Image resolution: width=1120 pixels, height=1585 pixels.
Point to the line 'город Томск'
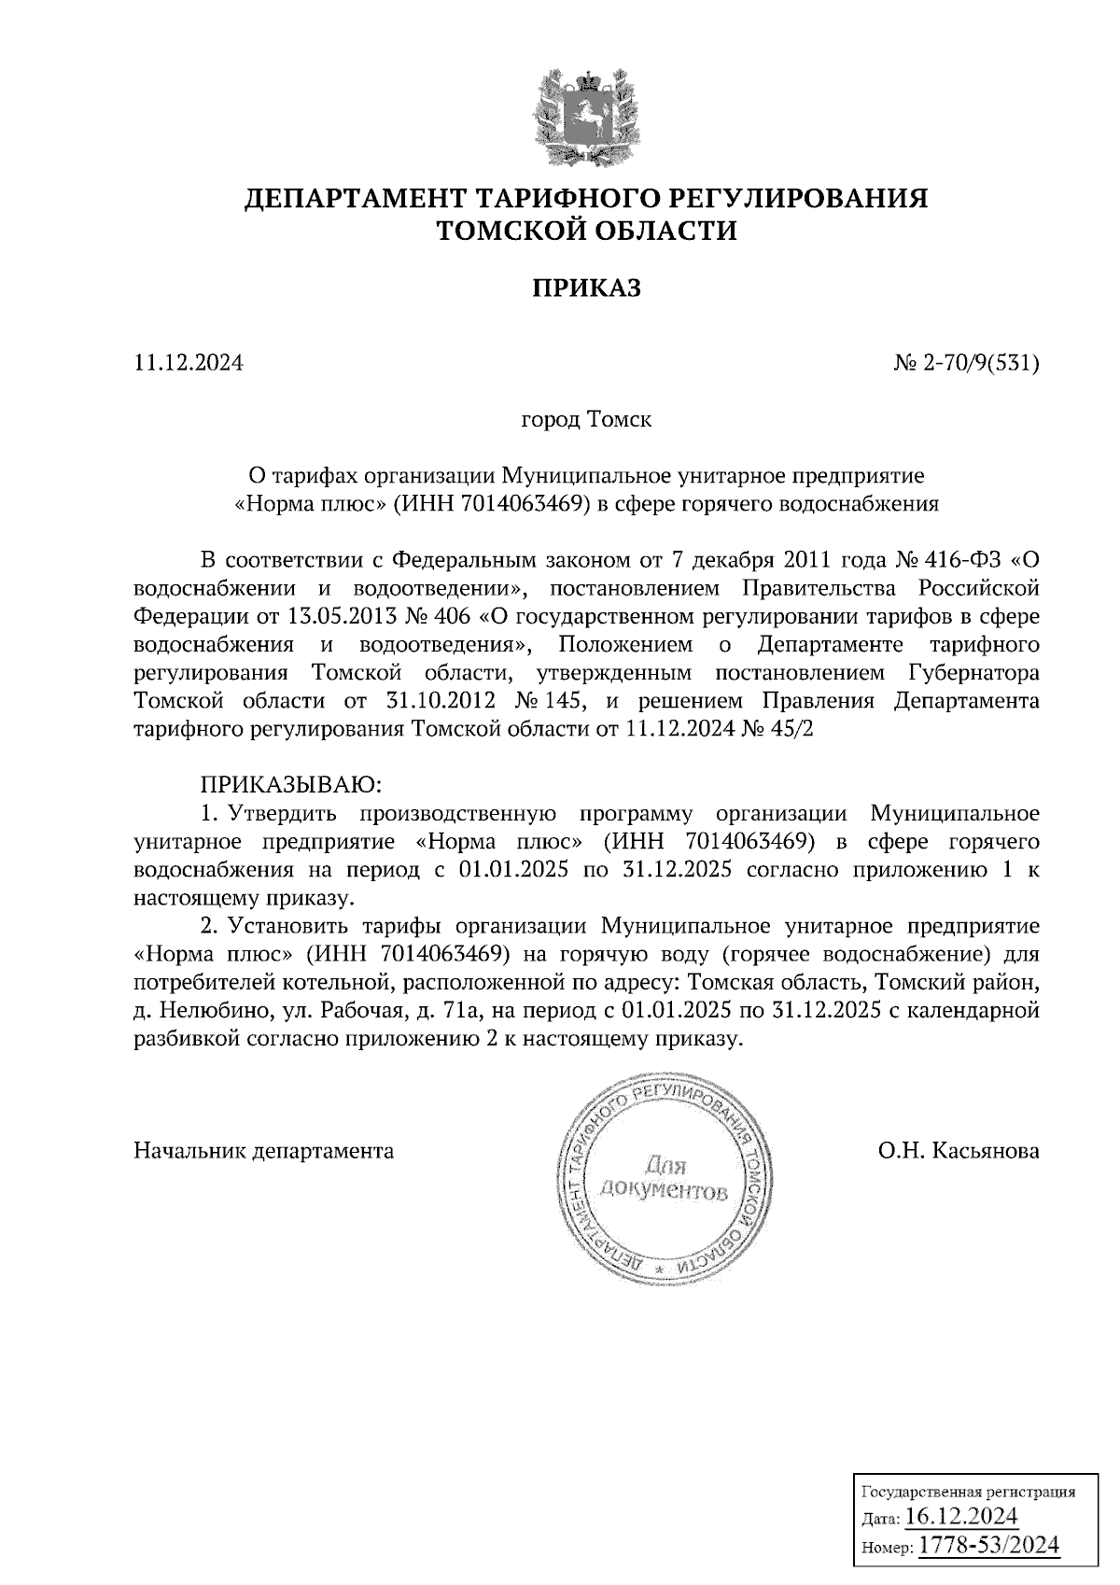point(586,419)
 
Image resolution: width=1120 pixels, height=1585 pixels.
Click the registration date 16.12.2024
point(961,1514)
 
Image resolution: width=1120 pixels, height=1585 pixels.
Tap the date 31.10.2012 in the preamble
point(439,701)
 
